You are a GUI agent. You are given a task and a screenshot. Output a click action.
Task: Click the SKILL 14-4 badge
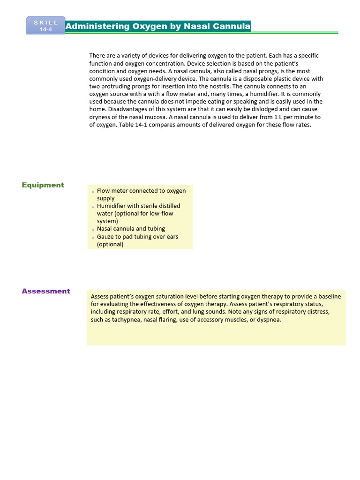coord(46,26)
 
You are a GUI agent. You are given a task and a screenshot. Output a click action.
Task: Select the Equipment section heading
coord(43,185)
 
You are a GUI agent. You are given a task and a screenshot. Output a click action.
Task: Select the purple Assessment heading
coord(46,291)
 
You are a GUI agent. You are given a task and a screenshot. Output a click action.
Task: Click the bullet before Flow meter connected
coord(93,192)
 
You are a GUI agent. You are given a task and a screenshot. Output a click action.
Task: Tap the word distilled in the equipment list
coord(167,206)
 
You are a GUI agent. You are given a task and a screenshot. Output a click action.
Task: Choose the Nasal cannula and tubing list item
coord(131,229)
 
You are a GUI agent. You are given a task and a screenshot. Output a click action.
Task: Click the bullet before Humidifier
coord(93,207)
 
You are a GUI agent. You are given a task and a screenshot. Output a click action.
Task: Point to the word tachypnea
coord(127,320)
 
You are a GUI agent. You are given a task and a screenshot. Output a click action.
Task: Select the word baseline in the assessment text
coord(329,297)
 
